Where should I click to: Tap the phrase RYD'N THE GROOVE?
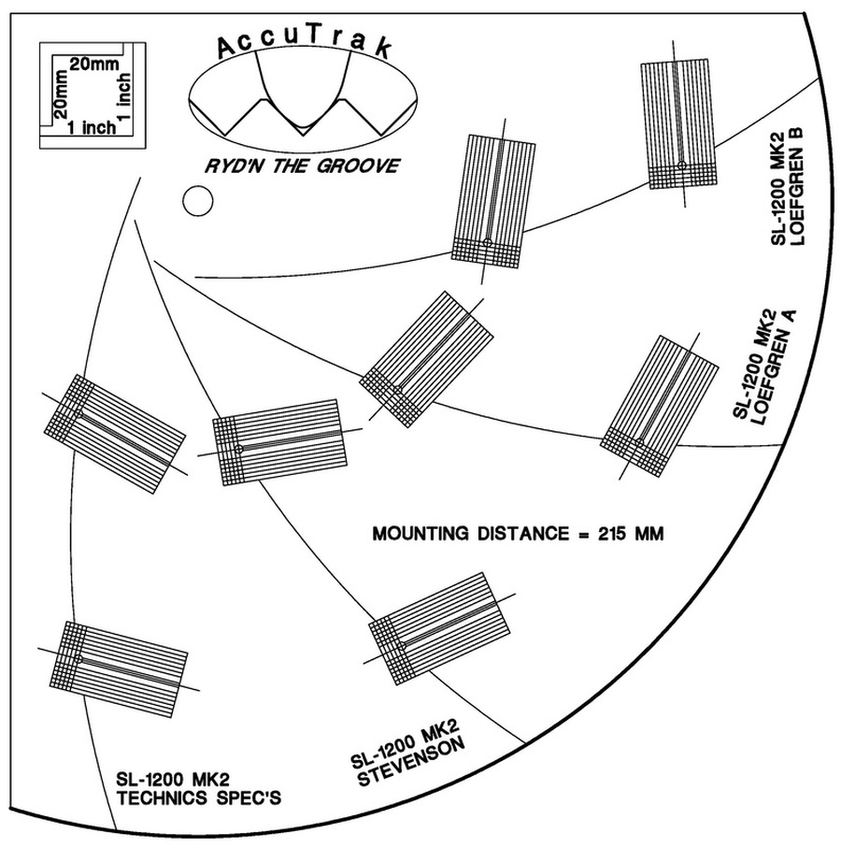tap(302, 166)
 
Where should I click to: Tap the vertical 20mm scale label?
tap(61, 96)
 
